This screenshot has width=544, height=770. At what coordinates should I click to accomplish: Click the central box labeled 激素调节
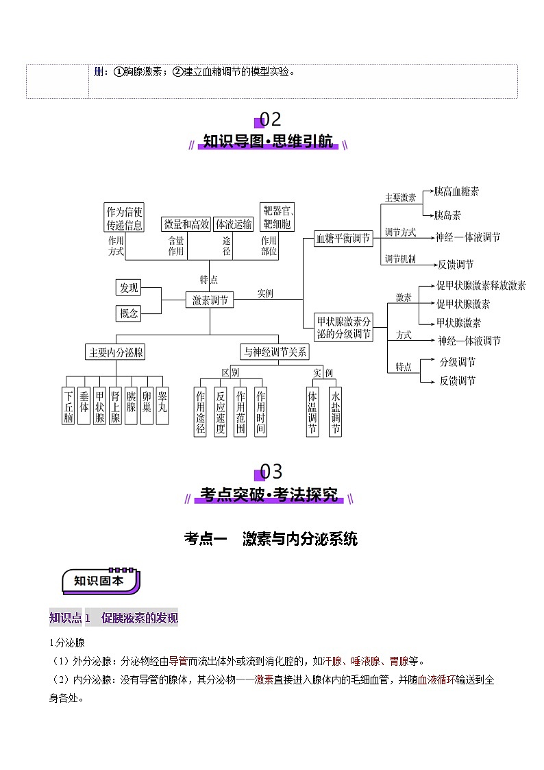point(210,300)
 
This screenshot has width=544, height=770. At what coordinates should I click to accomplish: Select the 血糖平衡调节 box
point(343,238)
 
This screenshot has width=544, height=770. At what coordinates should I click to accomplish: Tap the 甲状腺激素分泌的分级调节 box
point(343,328)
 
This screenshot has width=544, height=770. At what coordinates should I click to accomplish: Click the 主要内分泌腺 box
point(116,352)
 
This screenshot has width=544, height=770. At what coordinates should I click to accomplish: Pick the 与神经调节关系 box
point(275,352)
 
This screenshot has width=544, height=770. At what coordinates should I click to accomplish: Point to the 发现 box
point(129,287)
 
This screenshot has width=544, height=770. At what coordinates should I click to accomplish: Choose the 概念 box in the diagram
point(129,313)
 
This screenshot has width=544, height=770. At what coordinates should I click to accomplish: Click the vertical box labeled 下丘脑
point(69,406)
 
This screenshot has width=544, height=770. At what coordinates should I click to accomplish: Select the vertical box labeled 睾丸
point(162,406)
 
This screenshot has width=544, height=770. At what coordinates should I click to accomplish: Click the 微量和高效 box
point(186,224)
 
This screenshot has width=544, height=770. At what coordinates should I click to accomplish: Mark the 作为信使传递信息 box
point(124,217)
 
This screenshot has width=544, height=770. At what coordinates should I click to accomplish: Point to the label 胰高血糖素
point(456,191)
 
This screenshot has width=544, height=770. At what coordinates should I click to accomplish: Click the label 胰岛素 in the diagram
point(447,215)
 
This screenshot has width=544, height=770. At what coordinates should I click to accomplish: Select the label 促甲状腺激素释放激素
point(481,285)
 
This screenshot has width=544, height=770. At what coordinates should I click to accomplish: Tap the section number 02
point(270,119)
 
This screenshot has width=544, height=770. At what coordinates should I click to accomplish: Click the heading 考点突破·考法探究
point(269,494)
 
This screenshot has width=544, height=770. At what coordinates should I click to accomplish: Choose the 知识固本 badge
point(101,581)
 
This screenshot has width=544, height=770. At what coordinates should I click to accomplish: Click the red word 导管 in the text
point(178,662)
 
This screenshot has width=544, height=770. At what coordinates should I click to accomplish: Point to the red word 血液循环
point(436,680)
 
